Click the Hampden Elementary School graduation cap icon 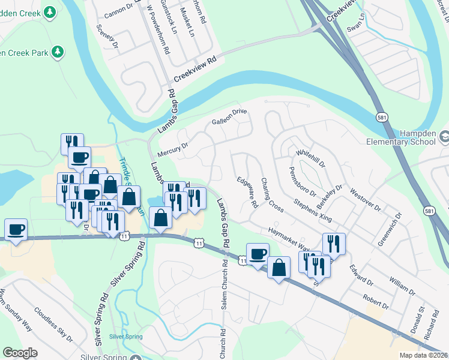[x=444, y=137]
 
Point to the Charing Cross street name [x=272, y=194]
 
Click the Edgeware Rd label [x=247, y=192]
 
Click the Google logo [x=20, y=353]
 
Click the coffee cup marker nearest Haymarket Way [x=258, y=254]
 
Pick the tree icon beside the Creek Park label [x=58, y=52]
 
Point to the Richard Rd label [x=431, y=331]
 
